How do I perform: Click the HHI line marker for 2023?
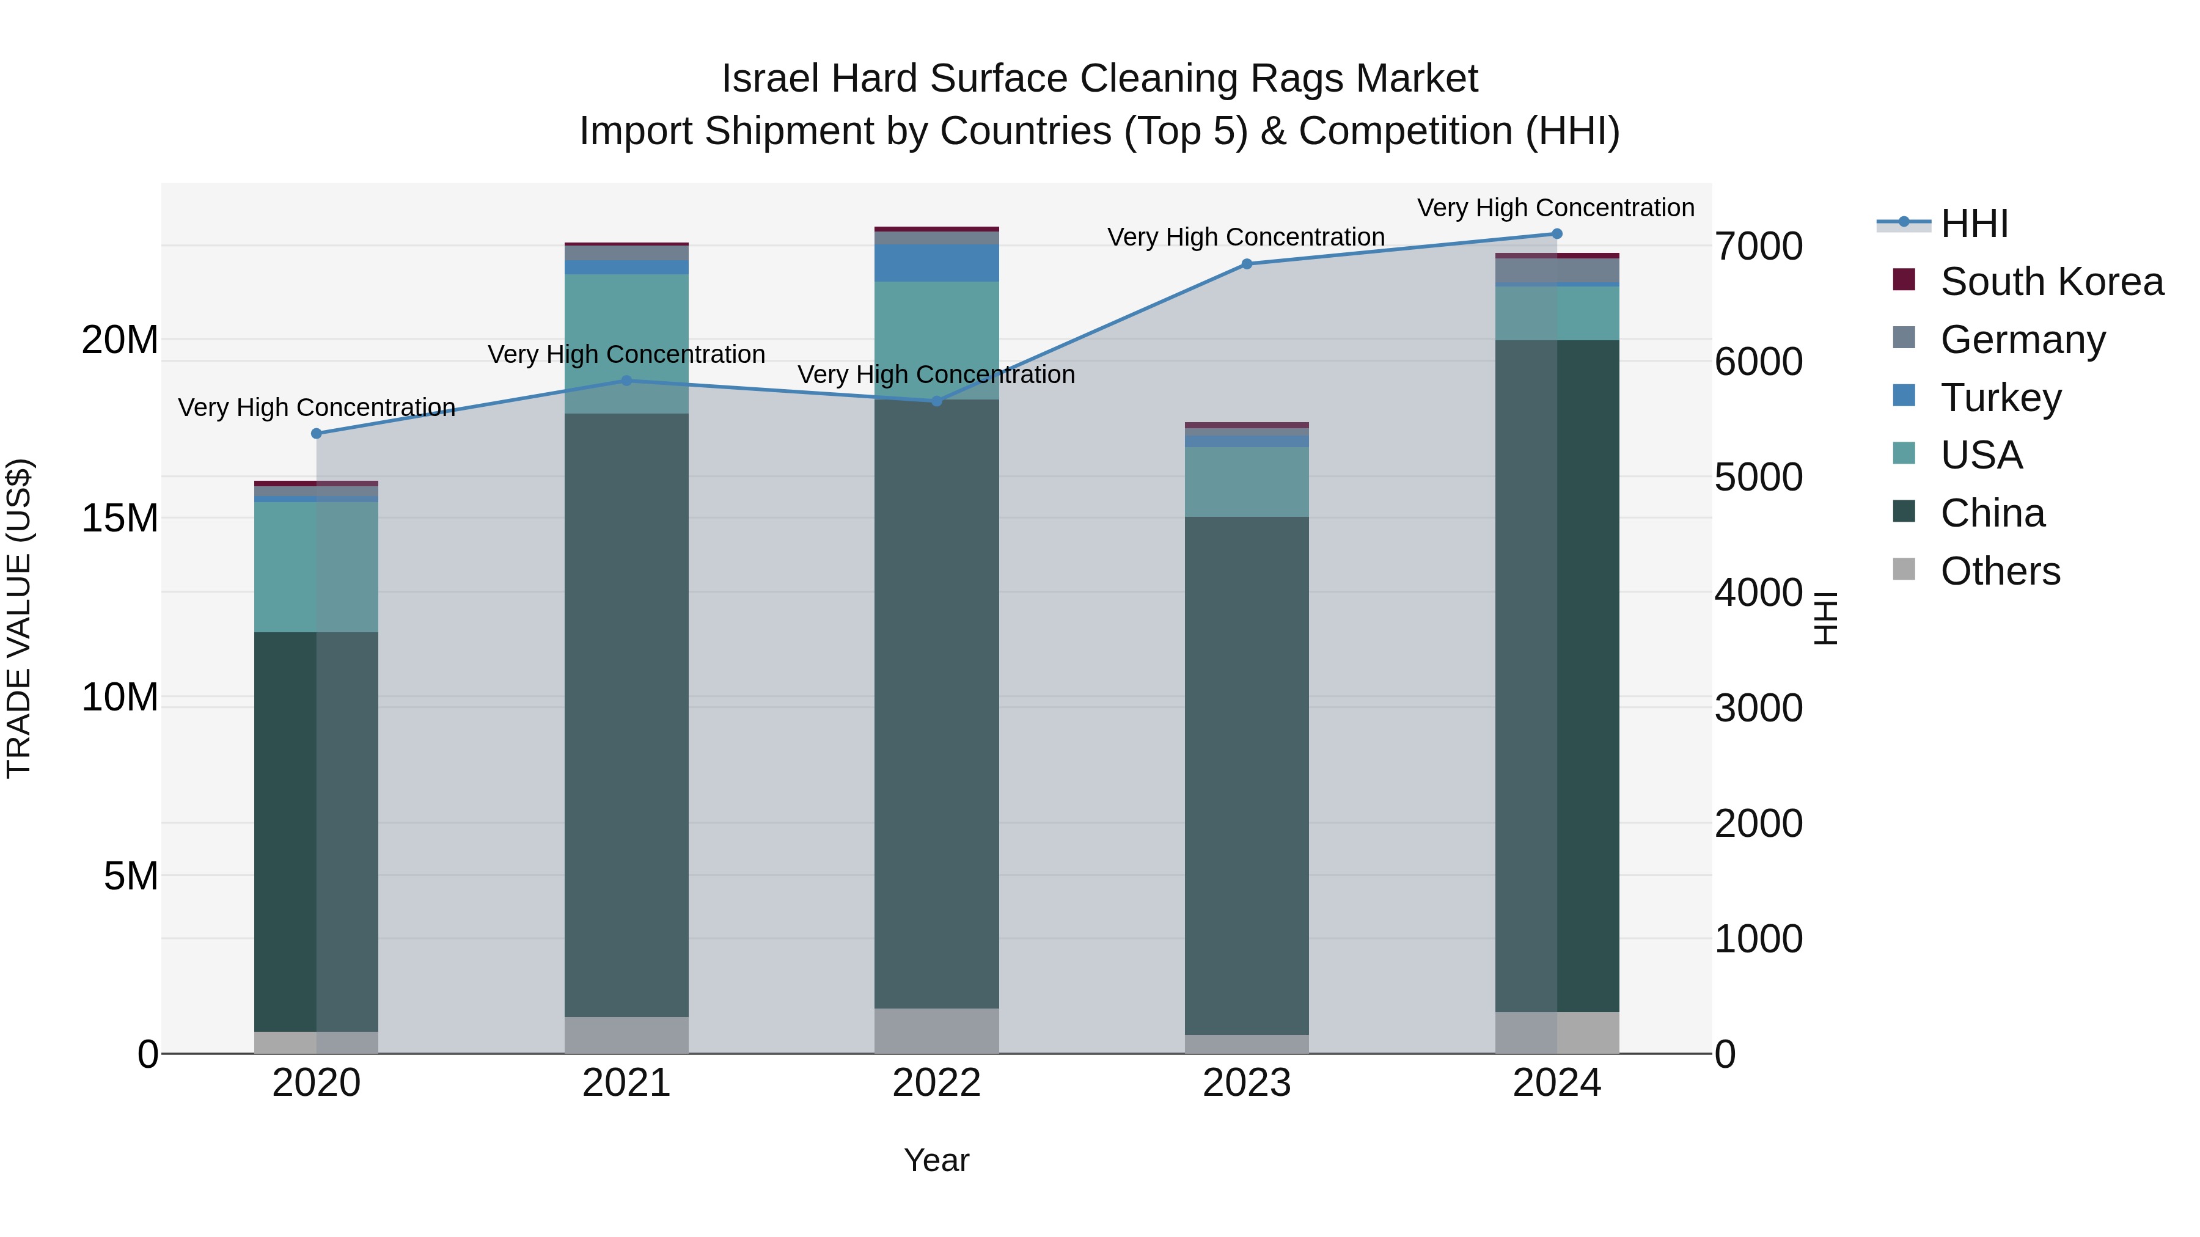[1246, 264]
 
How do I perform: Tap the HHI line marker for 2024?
[1556, 234]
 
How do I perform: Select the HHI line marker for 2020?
[316, 434]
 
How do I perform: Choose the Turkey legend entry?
[2000, 398]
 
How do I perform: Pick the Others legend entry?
[2000, 571]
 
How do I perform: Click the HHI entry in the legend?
[1973, 224]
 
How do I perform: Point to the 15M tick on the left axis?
[120, 518]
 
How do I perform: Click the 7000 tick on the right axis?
[1758, 247]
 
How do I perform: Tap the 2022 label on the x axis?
[936, 1083]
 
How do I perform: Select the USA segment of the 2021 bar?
[626, 343]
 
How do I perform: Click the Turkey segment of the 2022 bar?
[936, 263]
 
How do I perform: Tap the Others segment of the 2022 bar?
[936, 1031]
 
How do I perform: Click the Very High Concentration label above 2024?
[1555, 208]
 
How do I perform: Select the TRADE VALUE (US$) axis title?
[19, 618]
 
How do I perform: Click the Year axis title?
[936, 1160]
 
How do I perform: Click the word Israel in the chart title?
[771, 79]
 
